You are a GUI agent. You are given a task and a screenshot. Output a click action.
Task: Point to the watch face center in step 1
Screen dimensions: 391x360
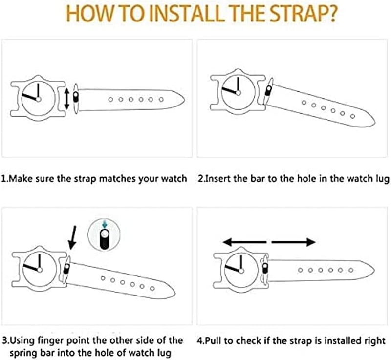(39, 99)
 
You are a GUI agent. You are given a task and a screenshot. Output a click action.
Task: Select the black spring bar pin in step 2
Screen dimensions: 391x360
(268, 90)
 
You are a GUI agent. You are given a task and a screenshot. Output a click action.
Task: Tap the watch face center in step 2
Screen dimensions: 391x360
(238, 93)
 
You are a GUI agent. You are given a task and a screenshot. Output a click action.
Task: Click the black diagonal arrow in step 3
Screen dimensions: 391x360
(72, 238)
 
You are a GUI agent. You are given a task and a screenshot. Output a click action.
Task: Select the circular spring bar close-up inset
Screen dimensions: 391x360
(104, 235)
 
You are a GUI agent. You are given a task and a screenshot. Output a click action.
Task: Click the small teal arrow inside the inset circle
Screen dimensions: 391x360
(105, 224)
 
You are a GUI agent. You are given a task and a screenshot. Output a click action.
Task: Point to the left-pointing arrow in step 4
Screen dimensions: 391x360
(244, 242)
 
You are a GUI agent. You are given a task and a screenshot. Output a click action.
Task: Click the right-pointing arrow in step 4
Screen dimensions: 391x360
(294, 242)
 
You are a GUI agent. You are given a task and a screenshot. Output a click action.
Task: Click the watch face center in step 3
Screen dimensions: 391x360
(40, 270)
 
